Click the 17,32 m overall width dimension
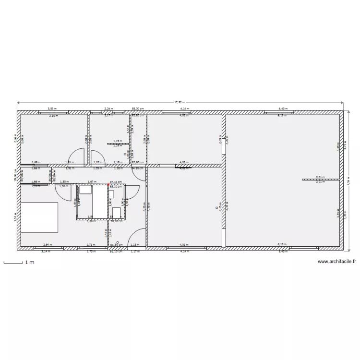[179, 102]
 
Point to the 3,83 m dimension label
[50, 109]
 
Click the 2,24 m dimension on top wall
[108, 109]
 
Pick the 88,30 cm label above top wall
[138, 109]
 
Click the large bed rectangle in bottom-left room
[39, 217]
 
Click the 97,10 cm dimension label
[115, 182]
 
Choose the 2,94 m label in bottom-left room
[47, 244]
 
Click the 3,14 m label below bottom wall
[46, 252]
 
